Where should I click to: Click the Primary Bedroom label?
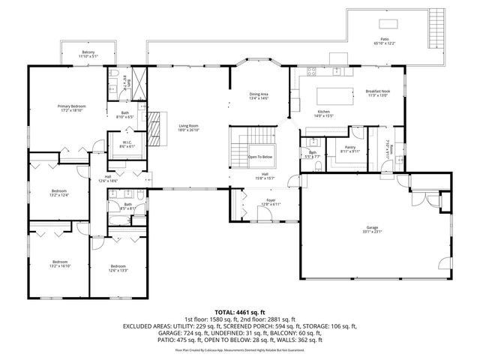tap(72, 109)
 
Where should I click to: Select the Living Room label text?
tap(188, 127)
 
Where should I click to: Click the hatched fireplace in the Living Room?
tap(155, 128)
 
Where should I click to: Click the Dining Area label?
tap(259, 95)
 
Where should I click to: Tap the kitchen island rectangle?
tap(334, 95)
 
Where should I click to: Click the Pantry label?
tap(349, 150)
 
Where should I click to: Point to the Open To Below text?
tap(261, 157)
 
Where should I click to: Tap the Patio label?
tap(384, 41)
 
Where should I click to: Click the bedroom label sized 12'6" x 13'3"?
tap(118, 268)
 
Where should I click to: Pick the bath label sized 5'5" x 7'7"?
tap(311, 155)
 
